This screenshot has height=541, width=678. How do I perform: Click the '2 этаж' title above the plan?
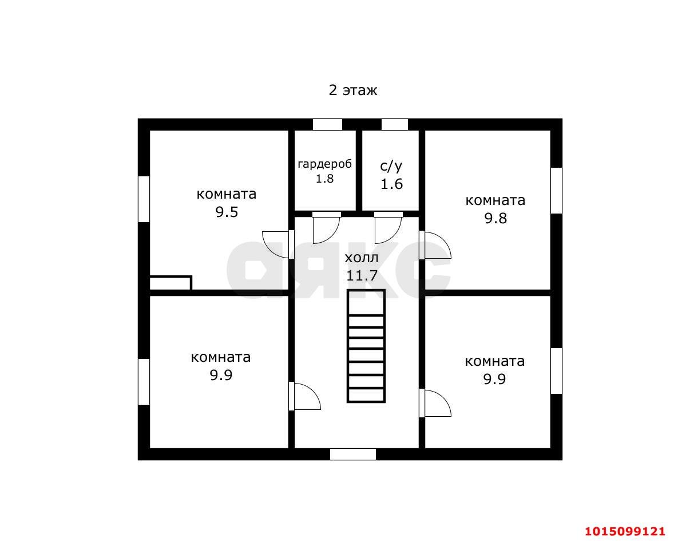[353, 90]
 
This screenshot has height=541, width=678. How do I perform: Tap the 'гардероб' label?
[325, 164]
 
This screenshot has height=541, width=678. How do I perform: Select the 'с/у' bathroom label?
[391, 166]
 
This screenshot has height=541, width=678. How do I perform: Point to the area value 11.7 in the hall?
[362, 275]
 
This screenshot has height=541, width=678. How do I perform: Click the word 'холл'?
[362, 258]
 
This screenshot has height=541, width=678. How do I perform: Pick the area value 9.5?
[227, 212]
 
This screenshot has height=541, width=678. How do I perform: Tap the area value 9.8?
[495, 218]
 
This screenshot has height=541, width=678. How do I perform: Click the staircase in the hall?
[366, 346]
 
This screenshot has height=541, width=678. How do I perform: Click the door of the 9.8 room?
[435, 245]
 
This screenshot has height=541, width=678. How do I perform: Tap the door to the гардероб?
[326, 228]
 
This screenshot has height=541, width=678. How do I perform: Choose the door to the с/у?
[388, 228]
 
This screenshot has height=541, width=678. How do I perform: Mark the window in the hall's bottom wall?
[353, 454]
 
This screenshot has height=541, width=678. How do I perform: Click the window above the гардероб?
[327, 124]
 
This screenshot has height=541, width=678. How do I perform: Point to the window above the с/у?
[394, 124]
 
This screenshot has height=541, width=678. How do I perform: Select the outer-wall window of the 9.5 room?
[144, 199]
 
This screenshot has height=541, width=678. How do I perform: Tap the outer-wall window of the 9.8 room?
[557, 191]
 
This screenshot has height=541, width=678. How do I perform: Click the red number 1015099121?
[625, 531]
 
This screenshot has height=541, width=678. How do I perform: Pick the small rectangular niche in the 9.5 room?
[171, 283]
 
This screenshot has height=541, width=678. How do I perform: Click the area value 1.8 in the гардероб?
[324, 178]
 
